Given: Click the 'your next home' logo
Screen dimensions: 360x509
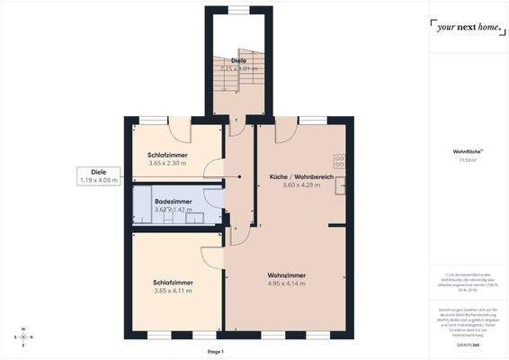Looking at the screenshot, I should [465, 27].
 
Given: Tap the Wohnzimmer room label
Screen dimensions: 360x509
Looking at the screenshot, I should [287, 274].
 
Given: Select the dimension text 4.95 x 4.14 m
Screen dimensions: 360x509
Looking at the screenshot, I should [287, 283].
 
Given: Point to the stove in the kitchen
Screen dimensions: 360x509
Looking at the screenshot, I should [340, 162].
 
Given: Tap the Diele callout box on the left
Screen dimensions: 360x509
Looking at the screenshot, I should [99, 175].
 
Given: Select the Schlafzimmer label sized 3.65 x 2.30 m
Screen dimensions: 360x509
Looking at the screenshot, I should [167, 155].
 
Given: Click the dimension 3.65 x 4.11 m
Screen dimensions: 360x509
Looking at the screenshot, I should [174, 291].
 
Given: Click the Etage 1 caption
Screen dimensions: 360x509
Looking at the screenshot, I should [215, 351].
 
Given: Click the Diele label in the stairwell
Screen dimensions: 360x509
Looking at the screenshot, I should [238, 60].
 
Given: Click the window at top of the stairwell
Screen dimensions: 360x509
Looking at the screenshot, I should [238, 10].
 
